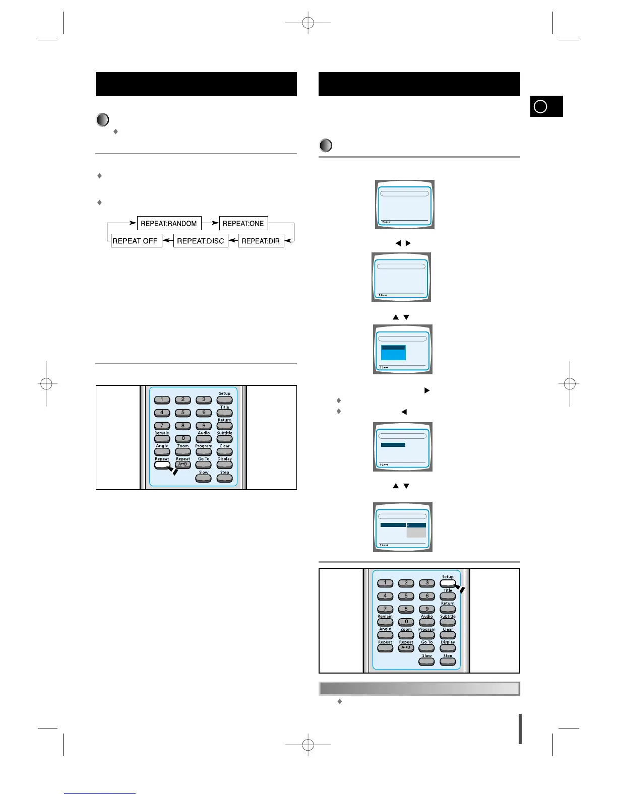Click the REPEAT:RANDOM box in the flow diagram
click(x=169, y=223)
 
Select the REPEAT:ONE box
click(x=243, y=223)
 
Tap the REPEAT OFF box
click(x=135, y=241)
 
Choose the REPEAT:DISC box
click(x=201, y=241)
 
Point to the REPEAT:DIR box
click(x=261, y=241)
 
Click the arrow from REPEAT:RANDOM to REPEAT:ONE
click(x=210, y=223)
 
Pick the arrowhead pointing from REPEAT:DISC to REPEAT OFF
click(x=165, y=241)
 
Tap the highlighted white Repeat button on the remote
click(x=162, y=465)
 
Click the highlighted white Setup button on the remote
click(x=448, y=583)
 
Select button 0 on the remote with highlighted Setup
click(x=406, y=622)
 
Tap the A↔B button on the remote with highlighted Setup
click(x=406, y=648)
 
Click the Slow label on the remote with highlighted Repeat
click(x=204, y=473)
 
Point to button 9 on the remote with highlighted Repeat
click(x=204, y=426)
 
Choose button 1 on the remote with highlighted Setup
click(x=385, y=583)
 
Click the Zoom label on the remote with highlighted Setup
click(x=406, y=629)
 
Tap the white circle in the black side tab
click(x=540, y=107)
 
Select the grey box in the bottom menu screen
click(x=416, y=532)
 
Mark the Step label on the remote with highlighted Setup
click(x=448, y=655)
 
